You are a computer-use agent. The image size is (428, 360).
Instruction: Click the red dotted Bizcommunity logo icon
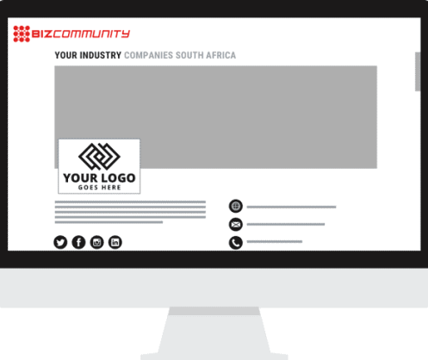pos(22,34)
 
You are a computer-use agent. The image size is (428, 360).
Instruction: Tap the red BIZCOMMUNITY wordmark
pos(80,34)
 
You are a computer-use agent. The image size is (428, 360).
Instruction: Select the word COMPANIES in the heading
pos(148,55)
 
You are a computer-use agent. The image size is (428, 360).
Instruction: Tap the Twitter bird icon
pos(60,242)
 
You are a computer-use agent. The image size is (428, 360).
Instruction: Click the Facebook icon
pos(78,242)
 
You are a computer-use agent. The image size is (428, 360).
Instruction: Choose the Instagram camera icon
pos(97,242)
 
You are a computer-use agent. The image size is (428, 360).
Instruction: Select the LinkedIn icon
pos(115,242)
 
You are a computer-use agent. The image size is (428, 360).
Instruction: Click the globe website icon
pos(236,206)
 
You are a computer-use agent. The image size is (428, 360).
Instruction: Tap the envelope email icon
pos(236,225)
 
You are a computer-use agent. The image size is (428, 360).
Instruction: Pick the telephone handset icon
pos(236,243)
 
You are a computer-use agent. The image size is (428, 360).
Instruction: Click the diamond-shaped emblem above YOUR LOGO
pos(99,156)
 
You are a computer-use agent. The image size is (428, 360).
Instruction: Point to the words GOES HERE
pos(99,188)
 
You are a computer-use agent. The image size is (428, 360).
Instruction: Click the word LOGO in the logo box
pos(118,178)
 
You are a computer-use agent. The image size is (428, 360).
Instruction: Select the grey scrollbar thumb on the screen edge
pos(418,71)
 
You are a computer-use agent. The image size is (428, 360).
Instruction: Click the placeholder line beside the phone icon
pos(275,242)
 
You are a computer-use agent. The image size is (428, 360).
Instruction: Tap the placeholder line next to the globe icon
pos(291,207)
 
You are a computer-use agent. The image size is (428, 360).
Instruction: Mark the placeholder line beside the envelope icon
pos(286,224)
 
